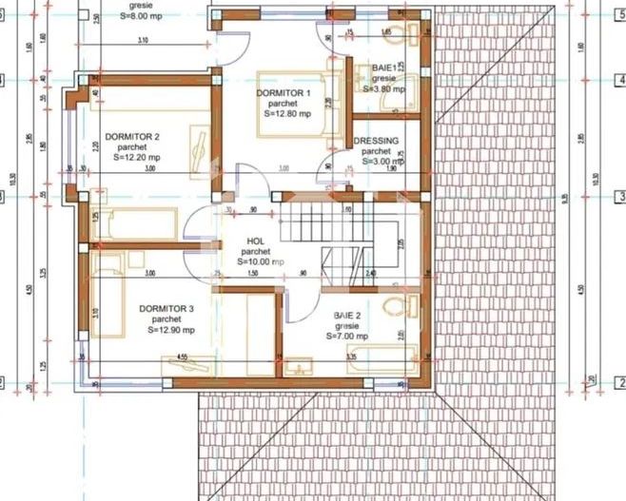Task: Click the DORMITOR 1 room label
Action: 284,92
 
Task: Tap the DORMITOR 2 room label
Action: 132,136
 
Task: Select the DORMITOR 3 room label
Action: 166,309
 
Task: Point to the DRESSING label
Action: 376,141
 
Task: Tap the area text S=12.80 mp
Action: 283,113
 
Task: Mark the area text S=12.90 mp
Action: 166,330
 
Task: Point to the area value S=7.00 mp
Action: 349,336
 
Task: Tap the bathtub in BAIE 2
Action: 381,356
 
